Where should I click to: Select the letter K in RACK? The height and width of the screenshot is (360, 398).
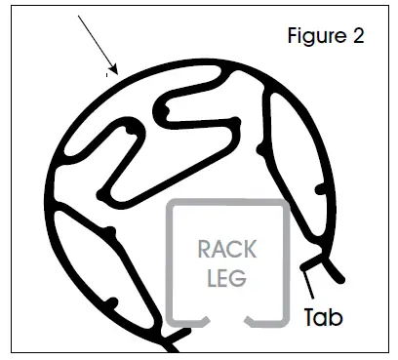click(257, 250)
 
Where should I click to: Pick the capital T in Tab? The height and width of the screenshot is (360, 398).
click(308, 317)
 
